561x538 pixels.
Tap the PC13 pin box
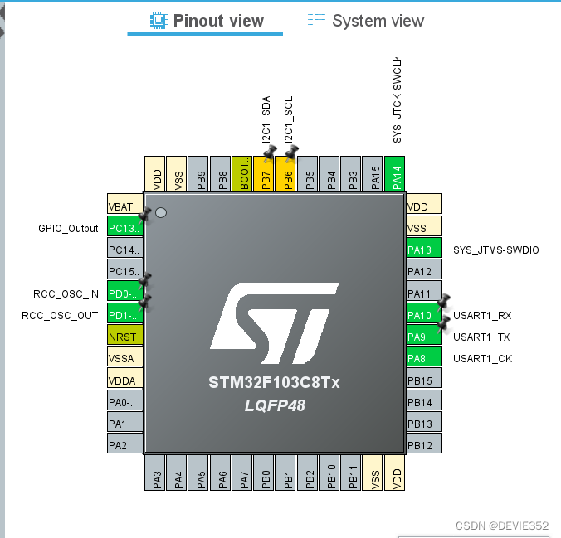(x=125, y=228)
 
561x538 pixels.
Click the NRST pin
(x=125, y=337)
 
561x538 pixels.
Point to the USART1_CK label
(x=482, y=359)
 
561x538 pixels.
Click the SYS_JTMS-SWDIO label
(x=495, y=250)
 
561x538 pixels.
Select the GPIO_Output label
(x=68, y=228)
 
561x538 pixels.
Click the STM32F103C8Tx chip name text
(x=274, y=383)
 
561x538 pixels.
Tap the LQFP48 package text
(x=274, y=405)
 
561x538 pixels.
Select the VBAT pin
(x=125, y=206)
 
